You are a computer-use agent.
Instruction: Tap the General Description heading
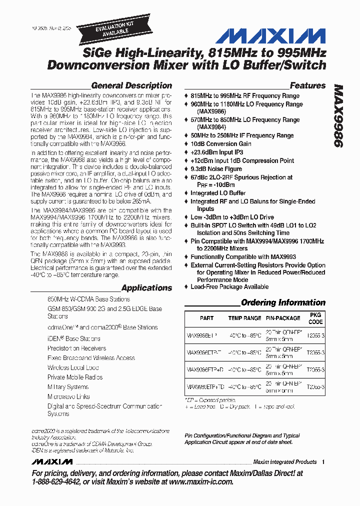[131, 85]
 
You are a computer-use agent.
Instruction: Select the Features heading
[307, 85]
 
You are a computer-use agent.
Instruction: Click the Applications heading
[146, 288]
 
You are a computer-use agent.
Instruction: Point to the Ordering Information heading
[283, 302]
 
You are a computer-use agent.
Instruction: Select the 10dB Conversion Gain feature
[220, 144]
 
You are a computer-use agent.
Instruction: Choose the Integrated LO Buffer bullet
[218, 193]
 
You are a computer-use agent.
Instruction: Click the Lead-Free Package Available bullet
[229, 287]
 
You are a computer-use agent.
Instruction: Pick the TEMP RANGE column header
[244, 318]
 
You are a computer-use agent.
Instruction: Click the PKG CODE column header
[315, 318]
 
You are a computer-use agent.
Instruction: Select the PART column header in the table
[206, 318]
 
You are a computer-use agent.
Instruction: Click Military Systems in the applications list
[68, 387]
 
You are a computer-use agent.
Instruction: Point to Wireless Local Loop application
[73, 367]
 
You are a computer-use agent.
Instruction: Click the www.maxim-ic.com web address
[201, 481]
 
